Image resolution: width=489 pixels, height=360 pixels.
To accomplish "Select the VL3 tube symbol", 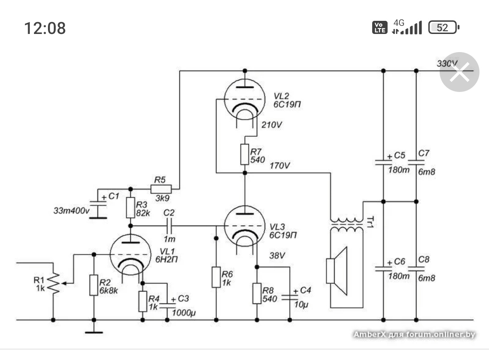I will click(244, 225).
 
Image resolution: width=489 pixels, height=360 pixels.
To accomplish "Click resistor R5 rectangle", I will click(161, 189).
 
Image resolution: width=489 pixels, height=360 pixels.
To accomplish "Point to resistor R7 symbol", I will click(244, 154).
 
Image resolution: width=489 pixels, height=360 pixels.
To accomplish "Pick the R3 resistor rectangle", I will click(130, 207).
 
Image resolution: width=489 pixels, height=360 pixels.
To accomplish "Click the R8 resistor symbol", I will click(257, 293).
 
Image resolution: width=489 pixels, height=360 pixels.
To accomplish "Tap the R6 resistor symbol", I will click(215, 277).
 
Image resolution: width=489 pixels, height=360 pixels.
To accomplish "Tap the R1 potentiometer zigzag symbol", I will click(54, 284).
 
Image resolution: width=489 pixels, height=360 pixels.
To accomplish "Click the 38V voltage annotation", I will click(277, 256).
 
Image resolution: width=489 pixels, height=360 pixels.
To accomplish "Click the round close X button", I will click(460, 72).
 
